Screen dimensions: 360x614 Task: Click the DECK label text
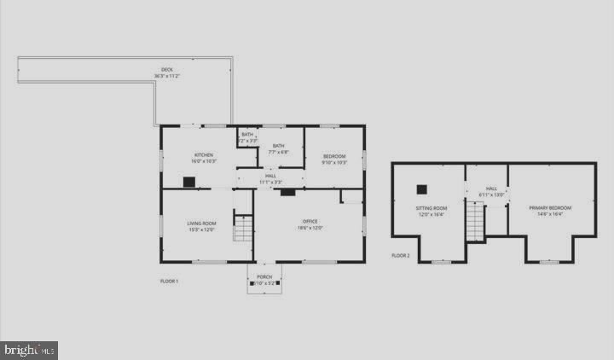167,70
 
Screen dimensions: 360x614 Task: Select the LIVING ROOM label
202,224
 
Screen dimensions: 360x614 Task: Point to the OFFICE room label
310,221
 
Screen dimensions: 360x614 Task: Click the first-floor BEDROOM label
334,156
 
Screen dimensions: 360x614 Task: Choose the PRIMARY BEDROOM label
550,207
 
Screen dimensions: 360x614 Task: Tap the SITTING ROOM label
431,207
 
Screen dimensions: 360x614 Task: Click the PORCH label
264,277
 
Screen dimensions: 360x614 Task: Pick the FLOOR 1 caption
170,281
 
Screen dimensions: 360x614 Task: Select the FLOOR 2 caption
401,256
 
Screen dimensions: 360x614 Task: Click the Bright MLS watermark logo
29,349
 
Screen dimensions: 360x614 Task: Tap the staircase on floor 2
475,222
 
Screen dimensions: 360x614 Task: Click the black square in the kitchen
189,181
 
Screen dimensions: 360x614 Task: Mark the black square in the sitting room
421,189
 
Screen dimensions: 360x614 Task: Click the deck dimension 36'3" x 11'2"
167,77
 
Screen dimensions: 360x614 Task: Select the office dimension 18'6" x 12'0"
310,228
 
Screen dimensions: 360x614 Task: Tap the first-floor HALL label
270,176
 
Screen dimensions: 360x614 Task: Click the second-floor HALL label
491,189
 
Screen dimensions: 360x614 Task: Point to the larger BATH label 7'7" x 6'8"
279,146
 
